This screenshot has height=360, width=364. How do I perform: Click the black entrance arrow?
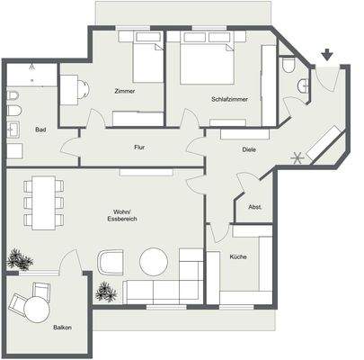click(326, 57)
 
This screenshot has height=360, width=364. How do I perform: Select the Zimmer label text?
click(127, 92)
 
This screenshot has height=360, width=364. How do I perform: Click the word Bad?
click(40, 130)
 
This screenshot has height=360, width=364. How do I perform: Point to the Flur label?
click(140, 147)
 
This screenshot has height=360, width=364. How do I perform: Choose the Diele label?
click(250, 150)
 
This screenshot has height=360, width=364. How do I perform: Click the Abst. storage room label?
click(254, 208)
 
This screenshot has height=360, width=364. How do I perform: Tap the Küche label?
click(238, 256)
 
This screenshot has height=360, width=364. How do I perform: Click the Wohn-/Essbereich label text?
click(121, 215)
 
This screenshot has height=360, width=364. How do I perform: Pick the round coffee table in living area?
click(155, 262)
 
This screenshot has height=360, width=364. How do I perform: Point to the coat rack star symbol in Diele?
click(297, 159)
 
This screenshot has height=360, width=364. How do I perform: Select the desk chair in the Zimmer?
click(81, 90)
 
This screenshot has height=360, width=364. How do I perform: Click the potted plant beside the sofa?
click(106, 292)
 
